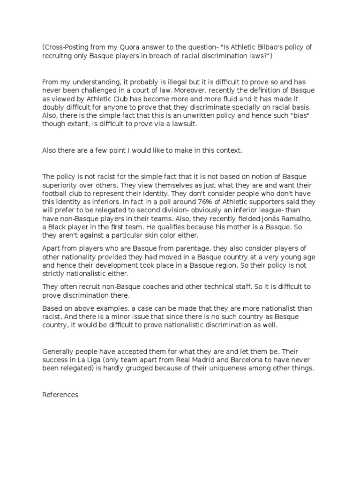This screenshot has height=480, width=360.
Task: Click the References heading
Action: tap(60, 395)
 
